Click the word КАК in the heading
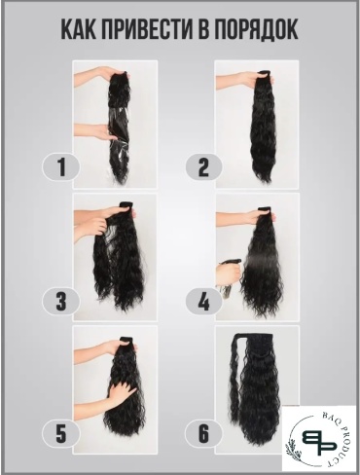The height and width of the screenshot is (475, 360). [78, 29]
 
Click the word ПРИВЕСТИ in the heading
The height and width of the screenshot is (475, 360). [146, 29]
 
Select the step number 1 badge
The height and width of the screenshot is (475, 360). [61, 167]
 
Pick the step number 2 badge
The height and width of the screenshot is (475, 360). [203, 167]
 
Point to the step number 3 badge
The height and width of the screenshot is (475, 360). [61, 302]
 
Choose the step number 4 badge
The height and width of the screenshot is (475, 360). [203, 302]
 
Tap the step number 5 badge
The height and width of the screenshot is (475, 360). [61, 433]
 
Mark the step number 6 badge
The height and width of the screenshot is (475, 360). [203, 433]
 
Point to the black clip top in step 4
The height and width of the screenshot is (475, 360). [266, 208]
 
